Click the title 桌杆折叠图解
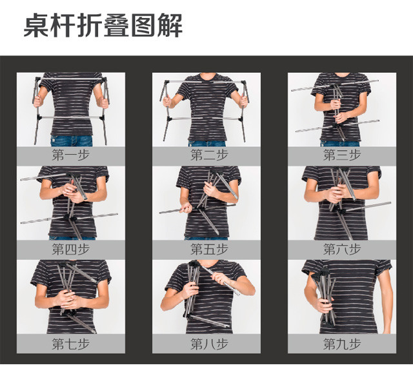pos(103,25)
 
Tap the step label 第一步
pos(70,155)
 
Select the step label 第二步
pos(209,155)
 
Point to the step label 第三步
pos(342,155)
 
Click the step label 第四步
pos(70,249)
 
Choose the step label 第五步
pos(209,249)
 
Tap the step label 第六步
pos(342,249)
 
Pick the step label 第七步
pos(70,344)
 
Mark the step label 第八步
pos(209,344)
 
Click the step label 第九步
pos(342,344)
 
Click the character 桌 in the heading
pos(36,26)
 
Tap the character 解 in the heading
pos(170,26)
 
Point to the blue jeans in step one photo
pos(72,141)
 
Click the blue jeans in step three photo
pos(340,144)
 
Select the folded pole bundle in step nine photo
pos(325,297)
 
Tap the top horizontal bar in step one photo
pos(70,79)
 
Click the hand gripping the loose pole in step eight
pos(219,279)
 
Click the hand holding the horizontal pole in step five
pos(186,208)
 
